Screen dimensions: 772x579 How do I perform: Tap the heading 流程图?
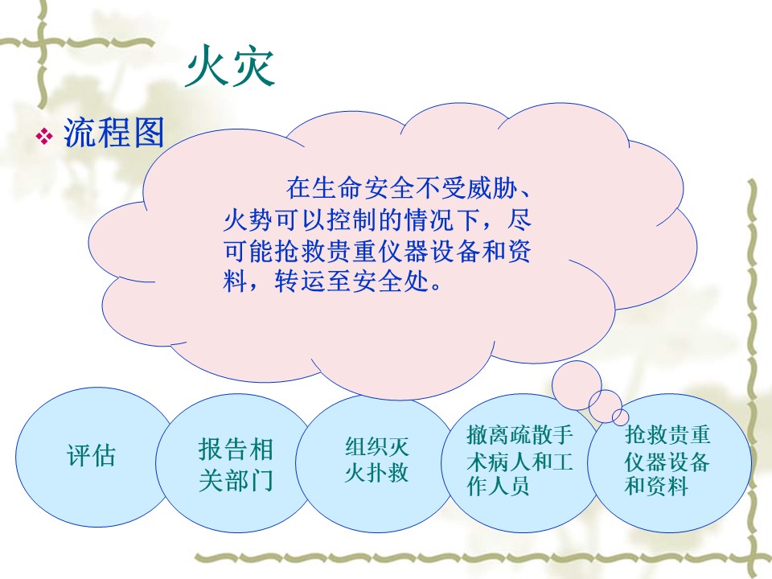click(114, 133)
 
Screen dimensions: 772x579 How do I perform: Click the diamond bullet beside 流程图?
click(44, 136)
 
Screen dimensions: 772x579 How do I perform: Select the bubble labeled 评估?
click(92, 457)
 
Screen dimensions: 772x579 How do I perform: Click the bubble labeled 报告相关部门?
click(234, 463)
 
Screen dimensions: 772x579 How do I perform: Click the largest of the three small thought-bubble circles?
click(577, 385)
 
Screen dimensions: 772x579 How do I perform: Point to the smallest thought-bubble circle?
click(620, 417)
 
